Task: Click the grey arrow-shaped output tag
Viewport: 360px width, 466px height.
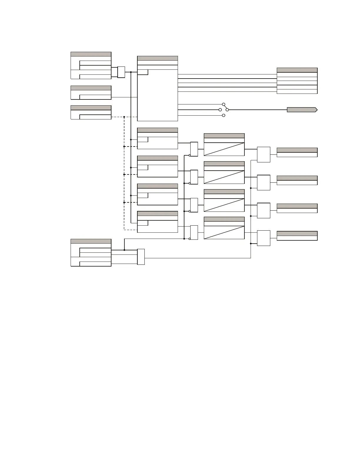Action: pos(302,110)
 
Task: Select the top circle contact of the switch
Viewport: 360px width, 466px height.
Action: pos(224,104)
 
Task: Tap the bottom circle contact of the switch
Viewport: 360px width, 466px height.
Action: pos(224,115)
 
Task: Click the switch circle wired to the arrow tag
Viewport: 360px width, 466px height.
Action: pos(227,110)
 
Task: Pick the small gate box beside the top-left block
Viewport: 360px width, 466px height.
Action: pos(121,72)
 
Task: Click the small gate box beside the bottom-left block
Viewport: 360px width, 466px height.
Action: pos(141,257)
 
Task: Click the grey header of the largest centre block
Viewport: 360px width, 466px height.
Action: pos(157,58)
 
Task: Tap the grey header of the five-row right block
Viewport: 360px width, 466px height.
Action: pos(297,70)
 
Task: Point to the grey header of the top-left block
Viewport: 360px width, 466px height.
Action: pos(91,54)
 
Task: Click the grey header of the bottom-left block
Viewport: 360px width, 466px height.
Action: pos(91,241)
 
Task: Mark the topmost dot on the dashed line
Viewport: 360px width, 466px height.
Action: pos(124,117)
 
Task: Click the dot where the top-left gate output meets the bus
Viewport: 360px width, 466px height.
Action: pos(131,72)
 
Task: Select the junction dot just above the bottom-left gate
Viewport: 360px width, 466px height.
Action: pos(124,250)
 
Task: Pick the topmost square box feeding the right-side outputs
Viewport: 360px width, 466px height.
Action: pos(264,154)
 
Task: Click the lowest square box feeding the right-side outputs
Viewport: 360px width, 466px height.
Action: pos(264,238)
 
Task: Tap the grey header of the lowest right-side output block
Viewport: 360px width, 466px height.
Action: pos(297,233)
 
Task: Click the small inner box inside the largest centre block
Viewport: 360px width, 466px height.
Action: pos(143,72)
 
